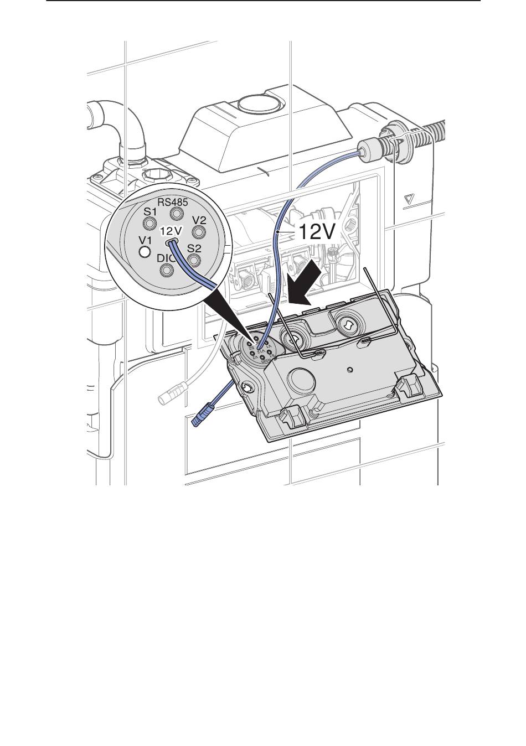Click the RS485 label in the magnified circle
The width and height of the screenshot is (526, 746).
[x=176, y=202]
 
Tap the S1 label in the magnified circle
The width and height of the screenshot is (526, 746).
[x=151, y=212]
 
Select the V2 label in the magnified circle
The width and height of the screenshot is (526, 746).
[x=199, y=220]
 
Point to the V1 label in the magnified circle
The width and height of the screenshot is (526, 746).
[x=145, y=240]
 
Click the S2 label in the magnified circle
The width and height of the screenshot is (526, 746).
[x=194, y=248]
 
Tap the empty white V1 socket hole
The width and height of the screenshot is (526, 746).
[x=145, y=252]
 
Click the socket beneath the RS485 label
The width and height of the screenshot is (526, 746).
[x=177, y=214]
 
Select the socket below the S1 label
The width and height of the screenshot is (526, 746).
[x=149, y=224]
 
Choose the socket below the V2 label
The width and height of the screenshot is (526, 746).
[x=199, y=231]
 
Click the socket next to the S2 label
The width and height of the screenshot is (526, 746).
[x=194, y=259]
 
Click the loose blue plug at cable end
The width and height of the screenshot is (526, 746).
[x=200, y=416]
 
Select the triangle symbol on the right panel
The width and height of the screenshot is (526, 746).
[x=410, y=200]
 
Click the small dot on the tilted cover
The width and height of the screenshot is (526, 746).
[x=349, y=368]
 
